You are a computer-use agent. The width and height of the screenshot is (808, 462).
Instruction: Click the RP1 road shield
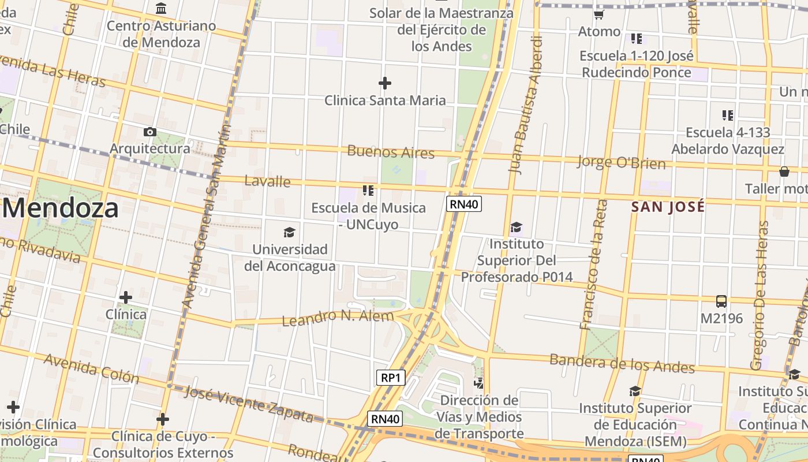(391, 378)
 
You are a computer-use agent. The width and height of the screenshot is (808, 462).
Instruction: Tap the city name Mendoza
(60, 208)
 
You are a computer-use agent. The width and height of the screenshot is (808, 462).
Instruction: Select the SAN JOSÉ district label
(668, 207)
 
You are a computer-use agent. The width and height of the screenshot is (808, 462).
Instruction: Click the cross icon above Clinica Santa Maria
(385, 83)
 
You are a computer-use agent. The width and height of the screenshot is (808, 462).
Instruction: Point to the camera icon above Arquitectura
(150, 132)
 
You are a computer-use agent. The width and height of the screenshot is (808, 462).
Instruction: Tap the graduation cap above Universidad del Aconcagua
(289, 232)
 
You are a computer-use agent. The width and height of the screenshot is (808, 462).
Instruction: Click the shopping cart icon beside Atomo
(599, 14)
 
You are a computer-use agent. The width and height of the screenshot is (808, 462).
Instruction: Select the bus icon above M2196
(721, 301)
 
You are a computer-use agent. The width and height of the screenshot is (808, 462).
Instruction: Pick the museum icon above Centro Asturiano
(162, 9)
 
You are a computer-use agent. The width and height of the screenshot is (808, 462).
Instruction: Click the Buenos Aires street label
(391, 152)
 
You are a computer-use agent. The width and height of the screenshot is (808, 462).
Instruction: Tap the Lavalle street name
(268, 181)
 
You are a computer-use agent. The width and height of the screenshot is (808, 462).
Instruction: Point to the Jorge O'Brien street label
(621, 162)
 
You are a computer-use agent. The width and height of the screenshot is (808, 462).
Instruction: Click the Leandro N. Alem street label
(338, 317)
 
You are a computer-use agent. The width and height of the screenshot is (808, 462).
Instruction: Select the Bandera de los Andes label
(622, 363)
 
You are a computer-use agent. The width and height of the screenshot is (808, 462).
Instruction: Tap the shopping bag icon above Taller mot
(784, 172)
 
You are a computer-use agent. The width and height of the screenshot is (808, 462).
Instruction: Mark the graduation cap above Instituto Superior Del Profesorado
(516, 228)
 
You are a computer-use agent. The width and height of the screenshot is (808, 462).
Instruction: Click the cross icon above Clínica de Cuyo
(163, 419)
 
